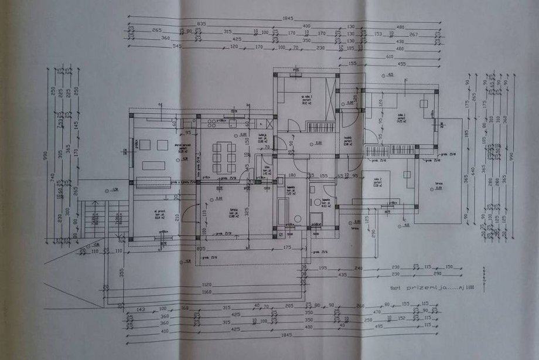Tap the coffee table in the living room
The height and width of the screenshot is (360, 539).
155,165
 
